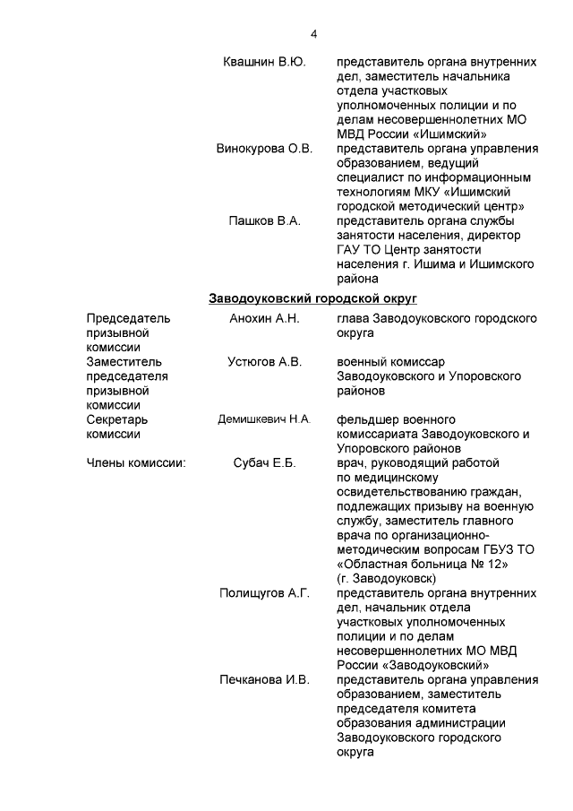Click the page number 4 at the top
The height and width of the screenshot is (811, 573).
(313, 34)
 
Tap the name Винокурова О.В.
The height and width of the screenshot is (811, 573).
(264, 149)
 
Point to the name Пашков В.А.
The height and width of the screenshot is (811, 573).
(264, 220)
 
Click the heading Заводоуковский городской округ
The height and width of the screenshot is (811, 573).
(312, 298)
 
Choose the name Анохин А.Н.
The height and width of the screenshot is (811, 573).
(264, 318)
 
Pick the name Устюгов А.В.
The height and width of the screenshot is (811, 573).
(264, 361)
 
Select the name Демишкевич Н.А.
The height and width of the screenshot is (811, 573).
(264, 419)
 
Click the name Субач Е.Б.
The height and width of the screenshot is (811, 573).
(264, 463)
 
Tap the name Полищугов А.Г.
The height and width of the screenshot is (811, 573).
(264, 593)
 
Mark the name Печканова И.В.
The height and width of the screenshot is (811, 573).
(264, 680)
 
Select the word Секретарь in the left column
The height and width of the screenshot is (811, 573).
(117, 419)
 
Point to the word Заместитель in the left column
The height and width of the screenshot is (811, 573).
(124, 361)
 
